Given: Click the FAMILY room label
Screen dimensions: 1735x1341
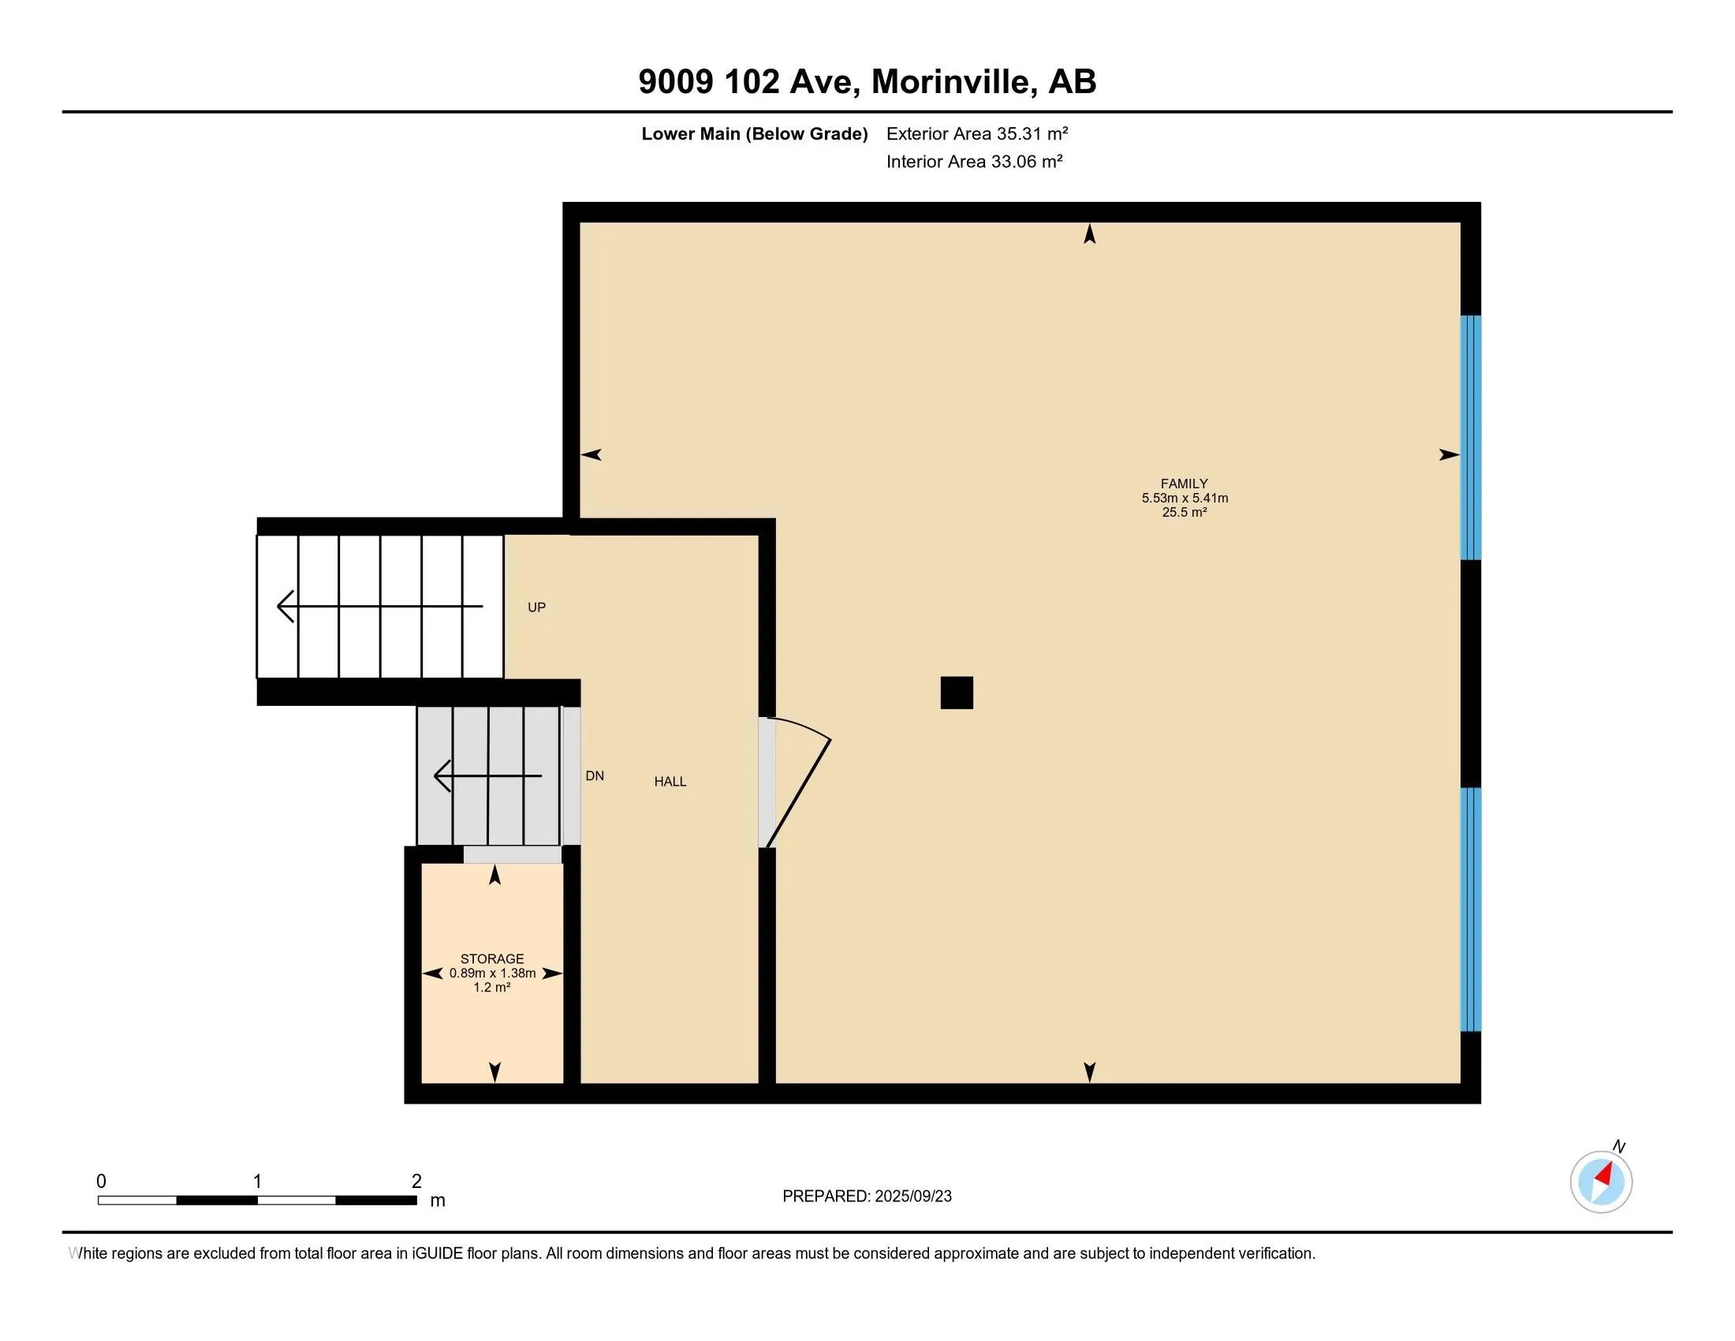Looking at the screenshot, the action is coord(1184,483).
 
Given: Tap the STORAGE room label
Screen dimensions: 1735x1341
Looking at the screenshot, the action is coord(492,959).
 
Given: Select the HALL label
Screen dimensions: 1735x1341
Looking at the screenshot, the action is coord(670,782).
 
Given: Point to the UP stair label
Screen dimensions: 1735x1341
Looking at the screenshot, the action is coord(537,607).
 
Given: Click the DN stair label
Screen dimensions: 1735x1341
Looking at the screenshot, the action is coord(595,776).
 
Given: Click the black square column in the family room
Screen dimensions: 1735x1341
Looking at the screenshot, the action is coord(957,693).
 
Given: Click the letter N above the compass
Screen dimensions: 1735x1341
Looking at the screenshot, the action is coord(1618,1146).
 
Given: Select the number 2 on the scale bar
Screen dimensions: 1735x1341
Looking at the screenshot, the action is coord(416,1182).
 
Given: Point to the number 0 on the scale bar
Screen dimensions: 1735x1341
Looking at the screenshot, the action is coord(101,1182).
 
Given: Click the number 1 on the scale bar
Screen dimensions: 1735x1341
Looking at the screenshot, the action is coord(257,1182).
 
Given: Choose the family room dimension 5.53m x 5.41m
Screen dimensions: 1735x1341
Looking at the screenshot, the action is coord(1185,498).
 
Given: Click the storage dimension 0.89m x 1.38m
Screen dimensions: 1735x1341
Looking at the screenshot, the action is coord(493,973).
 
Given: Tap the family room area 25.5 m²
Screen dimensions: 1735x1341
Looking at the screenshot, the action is coord(1185,513).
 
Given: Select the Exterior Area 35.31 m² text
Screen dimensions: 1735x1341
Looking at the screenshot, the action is coord(977,133).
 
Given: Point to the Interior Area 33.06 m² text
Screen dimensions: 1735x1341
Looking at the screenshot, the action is coord(975,161).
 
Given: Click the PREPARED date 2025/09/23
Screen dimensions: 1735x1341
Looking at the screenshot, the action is coord(912,1197).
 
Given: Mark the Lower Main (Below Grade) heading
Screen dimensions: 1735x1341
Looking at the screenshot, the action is coord(755,133).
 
